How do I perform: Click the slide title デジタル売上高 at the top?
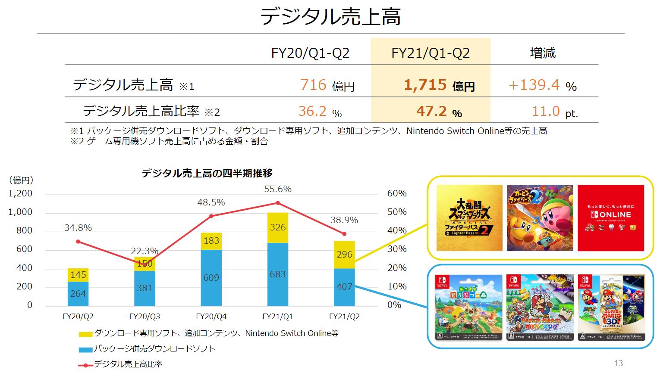(330, 16)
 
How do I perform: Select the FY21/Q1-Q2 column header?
(430, 53)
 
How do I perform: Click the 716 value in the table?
(313, 85)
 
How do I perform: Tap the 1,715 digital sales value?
(425, 85)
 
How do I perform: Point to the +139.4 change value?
(534, 85)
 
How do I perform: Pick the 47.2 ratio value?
(431, 111)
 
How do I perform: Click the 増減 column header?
(542, 53)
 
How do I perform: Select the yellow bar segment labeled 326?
(278, 227)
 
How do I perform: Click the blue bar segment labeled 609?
(211, 278)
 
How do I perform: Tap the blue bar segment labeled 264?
(78, 294)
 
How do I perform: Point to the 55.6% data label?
(278, 189)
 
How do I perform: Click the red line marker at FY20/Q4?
(211, 216)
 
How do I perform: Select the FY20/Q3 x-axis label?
(145, 317)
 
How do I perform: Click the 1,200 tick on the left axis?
(20, 193)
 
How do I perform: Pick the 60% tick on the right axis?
(397, 193)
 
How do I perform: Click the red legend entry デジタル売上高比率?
(128, 364)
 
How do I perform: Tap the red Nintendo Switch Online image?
(610, 218)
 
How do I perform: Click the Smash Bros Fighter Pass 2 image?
(469, 218)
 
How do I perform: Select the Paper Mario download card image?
(540, 308)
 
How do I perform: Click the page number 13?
(618, 363)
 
